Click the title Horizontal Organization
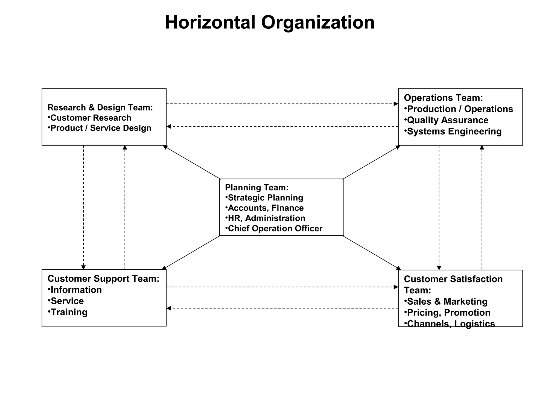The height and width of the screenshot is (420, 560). (270, 22)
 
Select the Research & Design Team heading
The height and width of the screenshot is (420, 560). (100, 107)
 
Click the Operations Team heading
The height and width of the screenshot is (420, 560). (443, 98)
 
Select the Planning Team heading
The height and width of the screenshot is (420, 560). (256, 187)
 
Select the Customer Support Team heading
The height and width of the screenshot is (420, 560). (103, 278)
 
